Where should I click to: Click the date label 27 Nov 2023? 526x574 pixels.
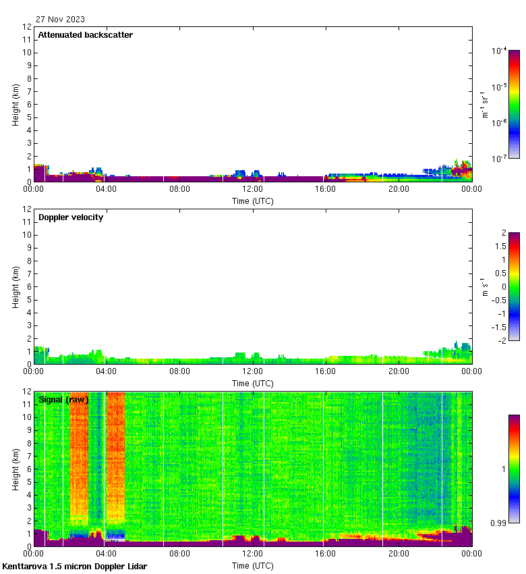pos(61,20)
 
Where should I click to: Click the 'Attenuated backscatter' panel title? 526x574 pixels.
pos(85,35)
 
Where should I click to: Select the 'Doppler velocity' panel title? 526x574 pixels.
pos(71,217)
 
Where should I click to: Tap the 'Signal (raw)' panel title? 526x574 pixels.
pos(63,400)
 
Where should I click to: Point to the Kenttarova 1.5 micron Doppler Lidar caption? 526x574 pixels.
pos(74,566)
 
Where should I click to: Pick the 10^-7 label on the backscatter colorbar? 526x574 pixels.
pos(500,159)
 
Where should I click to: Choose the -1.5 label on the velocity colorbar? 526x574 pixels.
pos(499,327)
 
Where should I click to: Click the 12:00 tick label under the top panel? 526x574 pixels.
pos(252,189)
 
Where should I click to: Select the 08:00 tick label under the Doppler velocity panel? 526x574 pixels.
pos(179,371)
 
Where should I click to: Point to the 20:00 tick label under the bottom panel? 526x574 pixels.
pos(399,554)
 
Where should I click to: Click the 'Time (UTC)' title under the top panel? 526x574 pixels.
pos(252,201)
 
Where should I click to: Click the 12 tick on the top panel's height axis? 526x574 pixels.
pos(28,27)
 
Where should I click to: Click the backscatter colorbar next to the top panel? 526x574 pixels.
pos(514,104)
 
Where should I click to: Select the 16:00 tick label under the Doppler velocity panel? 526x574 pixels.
pos(326,371)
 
